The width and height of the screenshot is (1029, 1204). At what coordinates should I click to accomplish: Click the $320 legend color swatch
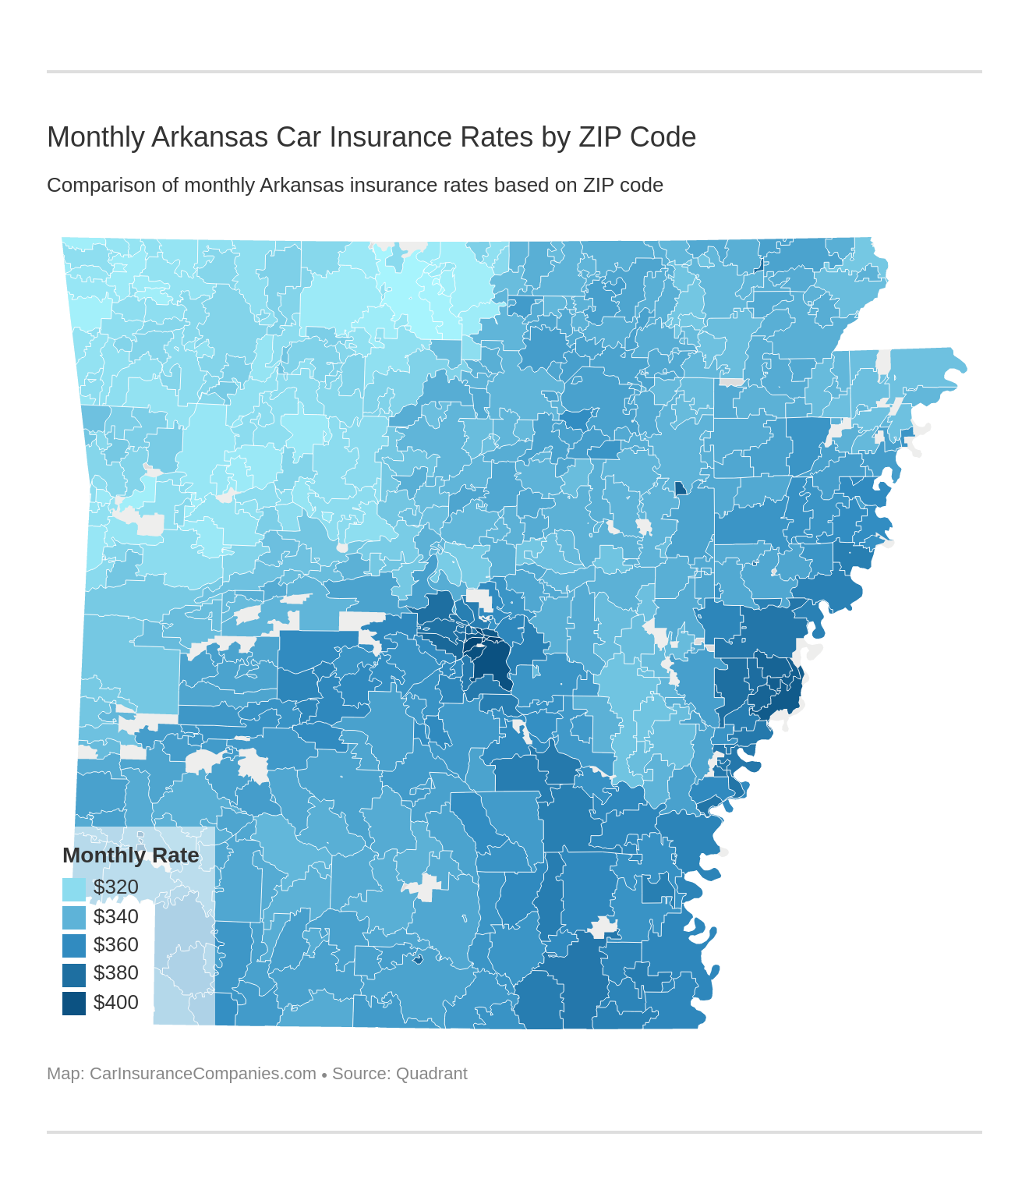click(x=74, y=889)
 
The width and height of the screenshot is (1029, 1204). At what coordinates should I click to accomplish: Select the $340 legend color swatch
click(x=74, y=917)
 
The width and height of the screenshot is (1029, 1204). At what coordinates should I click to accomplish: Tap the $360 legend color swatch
click(x=74, y=945)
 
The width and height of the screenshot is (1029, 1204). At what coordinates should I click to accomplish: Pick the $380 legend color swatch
click(x=74, y=974)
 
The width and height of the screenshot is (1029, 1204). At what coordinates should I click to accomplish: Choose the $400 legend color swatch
click(x=74, y=1003)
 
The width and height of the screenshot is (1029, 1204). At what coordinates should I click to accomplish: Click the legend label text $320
click(x=115, y=887)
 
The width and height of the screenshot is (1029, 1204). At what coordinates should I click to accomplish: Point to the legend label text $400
click(x=115, y=1003)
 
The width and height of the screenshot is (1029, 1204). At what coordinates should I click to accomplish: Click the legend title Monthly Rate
click(x=130, y=855)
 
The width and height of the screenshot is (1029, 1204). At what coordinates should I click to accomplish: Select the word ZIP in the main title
click(x=600, y=137)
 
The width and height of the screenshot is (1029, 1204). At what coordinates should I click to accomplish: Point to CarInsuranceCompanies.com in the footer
click(x=203, y=1074)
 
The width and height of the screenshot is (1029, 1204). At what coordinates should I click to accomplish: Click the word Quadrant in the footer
click(x=431, y=1074)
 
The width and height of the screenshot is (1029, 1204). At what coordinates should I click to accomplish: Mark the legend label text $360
click(x=115, y=945)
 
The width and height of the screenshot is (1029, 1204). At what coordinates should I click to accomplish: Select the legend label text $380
click(x=115, y=973)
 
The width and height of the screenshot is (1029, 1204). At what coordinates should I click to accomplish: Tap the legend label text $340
click(x=115, y=917)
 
